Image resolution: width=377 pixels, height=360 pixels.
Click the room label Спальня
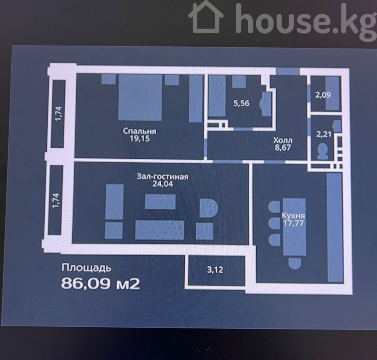pos(140,131)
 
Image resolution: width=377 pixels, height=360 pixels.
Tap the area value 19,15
pos(140,139)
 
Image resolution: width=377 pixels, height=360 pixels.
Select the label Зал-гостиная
pos(163,176)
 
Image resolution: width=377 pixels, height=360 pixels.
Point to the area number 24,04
pos(163,184)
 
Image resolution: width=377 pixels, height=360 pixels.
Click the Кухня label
pos(293,216)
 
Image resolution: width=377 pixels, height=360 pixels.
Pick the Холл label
pos(283,140)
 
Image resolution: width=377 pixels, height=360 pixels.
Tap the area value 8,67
pos(283,148)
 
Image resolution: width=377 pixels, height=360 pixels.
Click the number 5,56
pos(241,103)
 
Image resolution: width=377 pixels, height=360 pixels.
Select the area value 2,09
pos(323,95)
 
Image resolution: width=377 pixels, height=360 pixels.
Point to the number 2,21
pos(323,134)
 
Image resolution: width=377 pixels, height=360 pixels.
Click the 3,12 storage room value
pos(215,270)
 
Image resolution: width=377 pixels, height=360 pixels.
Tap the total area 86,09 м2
pos(100,284)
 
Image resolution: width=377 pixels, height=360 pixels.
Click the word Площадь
pos(87,268)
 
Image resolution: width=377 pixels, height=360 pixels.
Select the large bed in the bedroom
pos(140,98)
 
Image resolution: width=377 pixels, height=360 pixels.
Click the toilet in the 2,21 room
pos(322,151)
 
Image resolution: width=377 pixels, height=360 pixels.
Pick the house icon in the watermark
pos(206,17)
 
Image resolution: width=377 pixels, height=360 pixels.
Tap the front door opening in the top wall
pos(287,71)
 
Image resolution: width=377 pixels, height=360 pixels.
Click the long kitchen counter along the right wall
pos(335,227)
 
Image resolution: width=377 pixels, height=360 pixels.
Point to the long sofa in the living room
pos(160,230)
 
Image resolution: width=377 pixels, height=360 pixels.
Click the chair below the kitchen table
pos(295,263)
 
